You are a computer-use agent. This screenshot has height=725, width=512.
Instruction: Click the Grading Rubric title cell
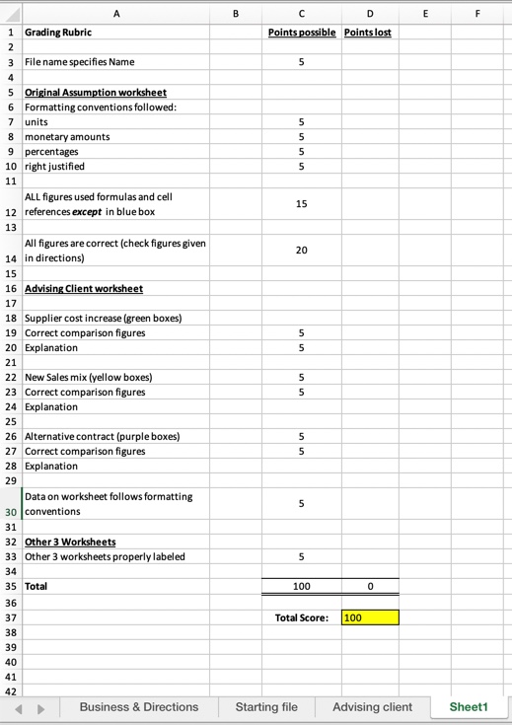[58, 33]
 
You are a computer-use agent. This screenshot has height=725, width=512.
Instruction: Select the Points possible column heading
[302, 33]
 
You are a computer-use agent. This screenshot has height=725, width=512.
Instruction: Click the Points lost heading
[369, 33]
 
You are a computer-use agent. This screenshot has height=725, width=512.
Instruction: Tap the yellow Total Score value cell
[370, 617]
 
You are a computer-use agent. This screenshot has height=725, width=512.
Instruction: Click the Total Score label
[301, 618]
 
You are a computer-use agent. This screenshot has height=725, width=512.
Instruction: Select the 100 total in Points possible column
[302, 586]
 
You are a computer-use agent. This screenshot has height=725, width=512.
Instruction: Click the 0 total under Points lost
[369, 586]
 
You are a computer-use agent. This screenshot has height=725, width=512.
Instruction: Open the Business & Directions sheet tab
[138, 706]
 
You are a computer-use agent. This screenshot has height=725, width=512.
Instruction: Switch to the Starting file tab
[266, 706]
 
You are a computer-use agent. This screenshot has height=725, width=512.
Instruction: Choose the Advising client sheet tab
[372, 706]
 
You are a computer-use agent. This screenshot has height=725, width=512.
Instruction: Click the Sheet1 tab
[469, 706]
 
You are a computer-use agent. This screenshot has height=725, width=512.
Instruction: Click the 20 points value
[302, 251]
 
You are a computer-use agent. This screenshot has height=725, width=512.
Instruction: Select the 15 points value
[302, 203]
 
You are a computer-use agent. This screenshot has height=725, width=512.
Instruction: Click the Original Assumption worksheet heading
[96, 93]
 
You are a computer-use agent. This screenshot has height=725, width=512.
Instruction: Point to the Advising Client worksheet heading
[84, 288]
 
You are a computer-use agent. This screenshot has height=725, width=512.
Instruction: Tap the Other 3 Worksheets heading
[70, 542]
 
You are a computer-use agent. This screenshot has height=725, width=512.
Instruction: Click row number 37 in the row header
[10, 617]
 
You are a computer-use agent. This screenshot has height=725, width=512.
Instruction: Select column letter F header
[475, 13]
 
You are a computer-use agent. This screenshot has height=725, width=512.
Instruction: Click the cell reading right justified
[54, 166]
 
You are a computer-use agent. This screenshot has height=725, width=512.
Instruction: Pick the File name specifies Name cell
[79, 62]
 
